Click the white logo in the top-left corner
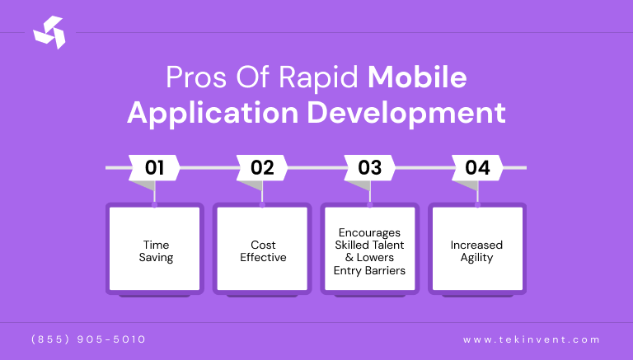tap(49, 33)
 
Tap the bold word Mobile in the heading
tap(417, 77)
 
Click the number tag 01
tap(154, 168)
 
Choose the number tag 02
tap(262, 168)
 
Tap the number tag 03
tap(370, 168)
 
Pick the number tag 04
tap(477, 168)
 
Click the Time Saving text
tap(156, 251)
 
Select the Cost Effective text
tap(263, 251)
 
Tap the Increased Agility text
tap(476, 251)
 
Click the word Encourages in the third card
tap(370, 232)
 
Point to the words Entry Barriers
tap(370, 270)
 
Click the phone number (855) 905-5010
tap(88, 339)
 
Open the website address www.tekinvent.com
tap(532, 339)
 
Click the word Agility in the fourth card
tap(476, 258)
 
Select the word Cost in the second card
tap(263, 245)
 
